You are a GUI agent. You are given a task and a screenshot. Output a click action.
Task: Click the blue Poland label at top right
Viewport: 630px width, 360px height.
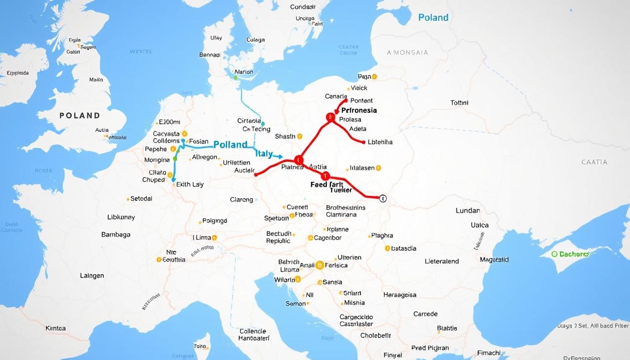[x=433, y=17]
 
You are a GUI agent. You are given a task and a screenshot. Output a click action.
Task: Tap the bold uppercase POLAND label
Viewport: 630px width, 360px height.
[x=80, y=115]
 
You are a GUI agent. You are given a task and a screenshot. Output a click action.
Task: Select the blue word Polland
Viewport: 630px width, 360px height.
[x=230, y=145]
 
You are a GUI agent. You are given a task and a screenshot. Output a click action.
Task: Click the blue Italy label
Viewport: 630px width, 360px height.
[x=264, y=154]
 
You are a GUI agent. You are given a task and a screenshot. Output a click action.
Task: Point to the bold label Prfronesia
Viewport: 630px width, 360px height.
[x=359, y=111]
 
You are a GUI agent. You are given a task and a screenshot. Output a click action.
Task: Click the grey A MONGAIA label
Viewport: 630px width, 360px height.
[x=407, y=52]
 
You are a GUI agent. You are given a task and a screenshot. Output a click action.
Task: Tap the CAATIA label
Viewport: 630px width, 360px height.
[x=594, y=162]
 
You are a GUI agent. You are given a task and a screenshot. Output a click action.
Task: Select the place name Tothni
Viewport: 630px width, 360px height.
[x=459, y=103]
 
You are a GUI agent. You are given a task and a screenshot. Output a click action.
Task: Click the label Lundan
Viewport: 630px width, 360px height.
[x=467, y=210]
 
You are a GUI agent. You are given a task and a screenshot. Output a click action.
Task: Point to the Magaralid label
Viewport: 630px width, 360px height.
[x=494, y=259]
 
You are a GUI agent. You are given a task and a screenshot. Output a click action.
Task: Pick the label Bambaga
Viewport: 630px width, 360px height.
[x=116, y=234]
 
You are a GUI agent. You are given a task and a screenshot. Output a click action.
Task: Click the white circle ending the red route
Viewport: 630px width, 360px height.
[x=382, y=198]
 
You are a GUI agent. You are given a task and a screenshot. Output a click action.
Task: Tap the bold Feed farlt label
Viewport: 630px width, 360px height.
[x=327, y=185]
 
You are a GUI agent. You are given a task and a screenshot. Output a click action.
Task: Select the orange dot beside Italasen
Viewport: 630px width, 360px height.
[x=378, y=168]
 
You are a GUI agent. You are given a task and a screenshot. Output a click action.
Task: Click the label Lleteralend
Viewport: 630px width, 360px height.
[x=442, y=261]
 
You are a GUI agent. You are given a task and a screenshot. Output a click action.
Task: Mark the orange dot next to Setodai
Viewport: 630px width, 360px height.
[x=127, y=199]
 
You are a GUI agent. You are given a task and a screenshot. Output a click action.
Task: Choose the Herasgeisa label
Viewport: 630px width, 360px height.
[x=399, y=295]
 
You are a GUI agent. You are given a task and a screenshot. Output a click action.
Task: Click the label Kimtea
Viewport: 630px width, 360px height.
[x=56, y=328]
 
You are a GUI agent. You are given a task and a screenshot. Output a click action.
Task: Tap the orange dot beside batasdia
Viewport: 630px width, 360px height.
[x=387, y=248]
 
